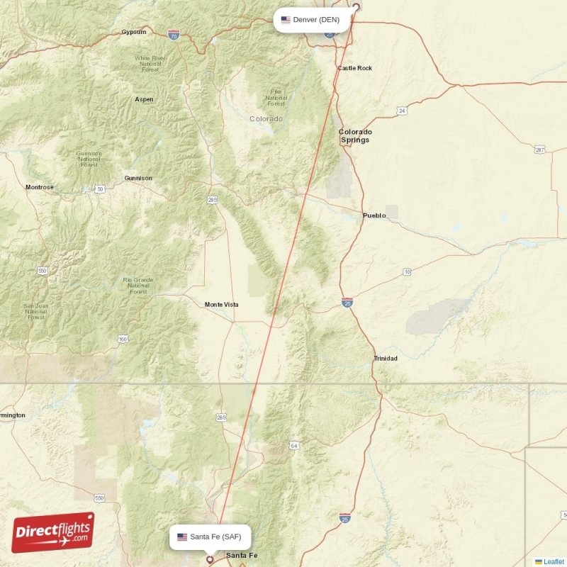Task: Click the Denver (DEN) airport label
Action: (x=312, y=20)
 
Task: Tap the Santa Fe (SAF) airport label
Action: (x=210, y=537)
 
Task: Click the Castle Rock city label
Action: (x=354, y=68)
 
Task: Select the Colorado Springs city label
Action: (x=355, y=136)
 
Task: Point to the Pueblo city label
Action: (x=374, y=215)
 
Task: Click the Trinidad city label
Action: (x=386, y=359)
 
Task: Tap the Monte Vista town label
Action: (x=222, y=305)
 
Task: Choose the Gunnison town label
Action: (x=137, y=178)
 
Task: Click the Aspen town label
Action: (x=145, y=99)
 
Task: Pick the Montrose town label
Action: (x=39, y=187)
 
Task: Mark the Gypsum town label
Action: (x=134, y=32)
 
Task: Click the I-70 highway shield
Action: (x=174, y=33)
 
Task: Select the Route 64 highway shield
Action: (x=293, y=446)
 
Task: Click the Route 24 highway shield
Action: (x=402, y=111)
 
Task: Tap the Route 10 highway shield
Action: (x=407, y=272)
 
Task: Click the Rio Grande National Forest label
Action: (x=138, y=285)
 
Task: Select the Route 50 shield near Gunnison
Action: (x=101, y=189)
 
